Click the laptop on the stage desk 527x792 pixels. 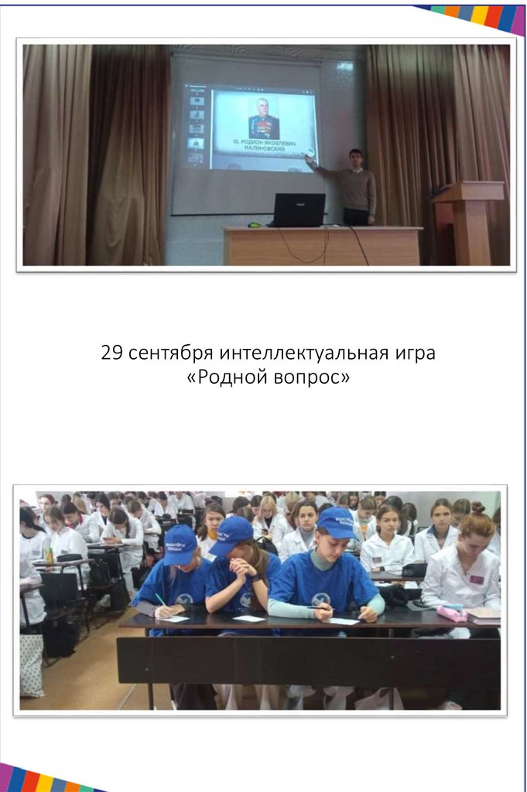(x=298, y=210)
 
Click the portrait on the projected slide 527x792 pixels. (x=263, y=118)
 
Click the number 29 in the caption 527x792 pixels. (x=112, y=353)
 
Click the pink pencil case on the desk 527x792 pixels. (x=451, y=613)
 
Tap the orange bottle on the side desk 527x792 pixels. (x=49, y=555)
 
